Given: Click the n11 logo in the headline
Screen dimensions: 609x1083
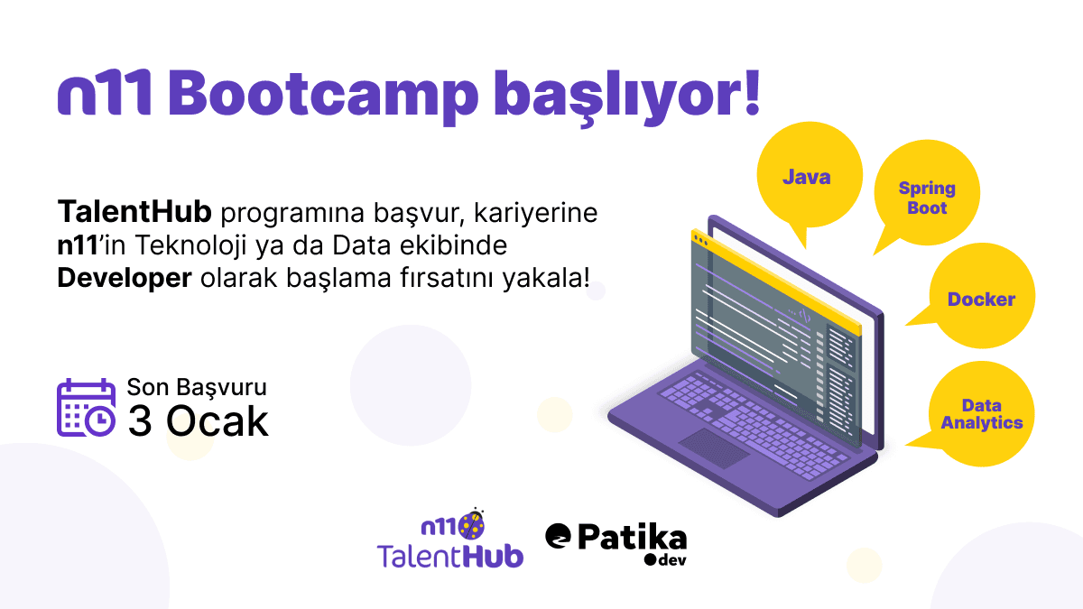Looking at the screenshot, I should click(x=103, y=92).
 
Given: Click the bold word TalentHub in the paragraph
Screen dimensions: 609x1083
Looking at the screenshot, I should click(x=134, y=214).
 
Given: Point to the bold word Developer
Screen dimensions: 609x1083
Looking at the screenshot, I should click(x=125, y=278).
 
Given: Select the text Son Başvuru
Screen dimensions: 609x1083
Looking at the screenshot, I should click(x=197, y=388).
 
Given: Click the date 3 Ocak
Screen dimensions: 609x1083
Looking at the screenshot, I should click(x=198, y=421).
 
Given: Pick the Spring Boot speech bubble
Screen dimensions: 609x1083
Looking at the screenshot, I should click(x=927, y=198).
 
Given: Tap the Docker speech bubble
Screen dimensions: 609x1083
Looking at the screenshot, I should click(x=981, y=299).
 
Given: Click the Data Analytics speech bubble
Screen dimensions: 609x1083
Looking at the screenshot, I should click(x=982, y=414).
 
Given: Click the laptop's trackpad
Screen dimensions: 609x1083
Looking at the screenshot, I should click(x=714, y=448).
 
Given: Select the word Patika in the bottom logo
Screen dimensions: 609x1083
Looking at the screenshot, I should click(x=631, y=538).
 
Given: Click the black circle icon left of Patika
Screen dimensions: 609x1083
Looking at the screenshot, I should click(x=559, y=536).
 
